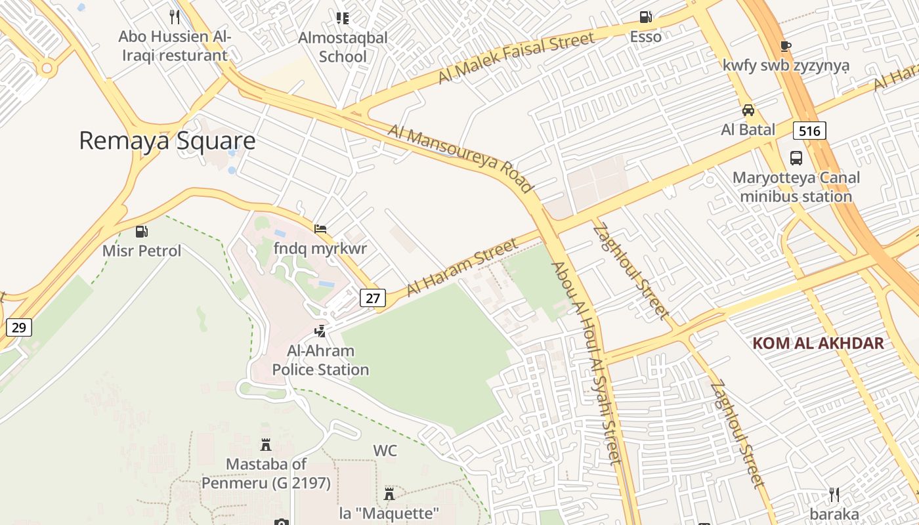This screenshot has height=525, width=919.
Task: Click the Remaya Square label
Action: click(x=167, y=141)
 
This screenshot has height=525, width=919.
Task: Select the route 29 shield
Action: click(x=18, y=327)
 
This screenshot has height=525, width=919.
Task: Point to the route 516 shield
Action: click(x=809, y=131)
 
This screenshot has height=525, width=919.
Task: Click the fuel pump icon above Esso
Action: click(x=646, y=18)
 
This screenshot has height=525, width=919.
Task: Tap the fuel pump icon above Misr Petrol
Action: click(x=141, y=232)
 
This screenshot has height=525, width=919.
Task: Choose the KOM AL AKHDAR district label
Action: click(x=818, y=343)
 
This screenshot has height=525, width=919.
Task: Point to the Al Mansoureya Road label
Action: click(x=460, y=158)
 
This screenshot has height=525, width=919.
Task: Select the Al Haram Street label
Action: click(x=462, y=268)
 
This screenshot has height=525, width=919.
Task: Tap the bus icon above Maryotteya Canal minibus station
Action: click(x=796, y=158)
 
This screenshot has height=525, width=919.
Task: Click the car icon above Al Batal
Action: click(x=748, y=110)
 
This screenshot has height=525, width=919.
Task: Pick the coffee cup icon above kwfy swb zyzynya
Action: click(x=785, y=46)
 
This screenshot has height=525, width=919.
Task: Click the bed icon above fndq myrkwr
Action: click(x=320, y=229)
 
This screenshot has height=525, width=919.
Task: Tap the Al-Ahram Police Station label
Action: click(x=320, y=360)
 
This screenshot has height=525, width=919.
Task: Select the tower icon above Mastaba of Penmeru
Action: click(x=266, y=445)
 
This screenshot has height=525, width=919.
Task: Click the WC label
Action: click(x=385, y=451)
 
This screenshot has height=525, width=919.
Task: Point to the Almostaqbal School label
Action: click(x=343, y=47)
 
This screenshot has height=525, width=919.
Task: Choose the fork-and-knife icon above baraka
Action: click(x=834, y=493)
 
